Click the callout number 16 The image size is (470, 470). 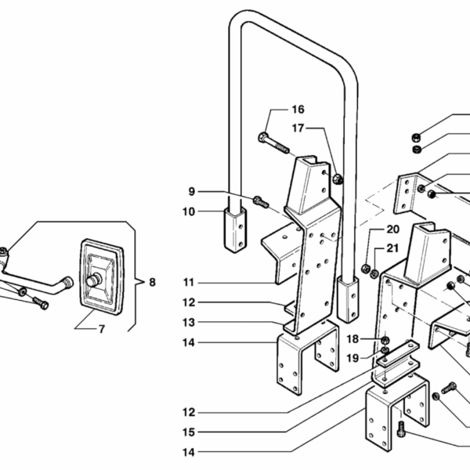point(276,109)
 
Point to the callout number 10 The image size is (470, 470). point(190,211)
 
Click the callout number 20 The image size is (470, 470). point(392,229)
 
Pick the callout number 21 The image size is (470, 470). point(392,248)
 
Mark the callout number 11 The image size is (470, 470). point(189,282)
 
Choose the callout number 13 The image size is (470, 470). point(189,322)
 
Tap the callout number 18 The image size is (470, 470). point(353,339)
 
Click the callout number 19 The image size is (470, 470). point(353,358)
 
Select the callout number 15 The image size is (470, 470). point(189,432)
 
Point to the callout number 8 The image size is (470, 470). point(152,281)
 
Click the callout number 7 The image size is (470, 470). point(101,329)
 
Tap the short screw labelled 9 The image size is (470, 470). point(262,202)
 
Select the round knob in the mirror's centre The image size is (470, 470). point(96,279)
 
